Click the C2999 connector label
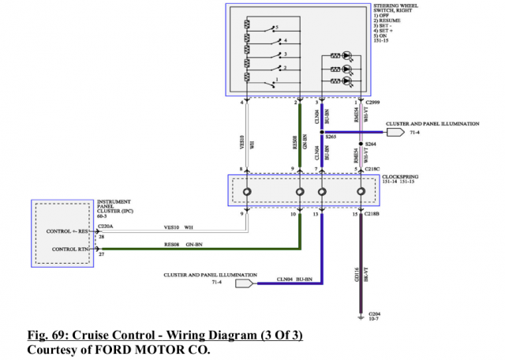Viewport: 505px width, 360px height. (378, 101)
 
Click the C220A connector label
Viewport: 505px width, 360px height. (106, 226)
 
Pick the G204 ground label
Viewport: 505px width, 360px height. (375, 314)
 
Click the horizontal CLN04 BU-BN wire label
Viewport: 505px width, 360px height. (293, 279)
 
